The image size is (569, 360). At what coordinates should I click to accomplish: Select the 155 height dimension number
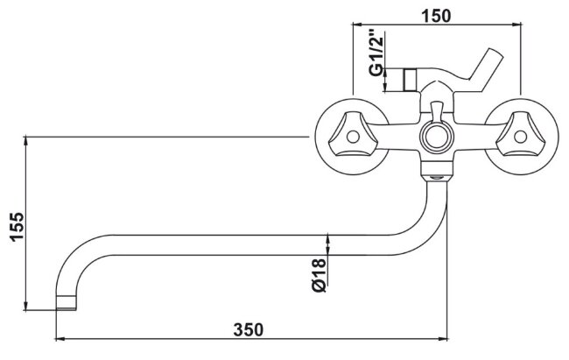[13, 229]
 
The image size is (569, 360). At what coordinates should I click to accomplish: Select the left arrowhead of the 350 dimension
[59, 339]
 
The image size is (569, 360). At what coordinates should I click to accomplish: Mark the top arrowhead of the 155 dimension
[28, 139]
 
